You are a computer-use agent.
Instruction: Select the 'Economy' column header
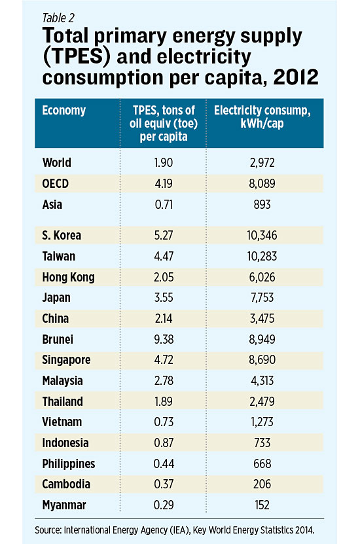(64, 110)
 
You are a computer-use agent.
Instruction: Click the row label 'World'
(57, 163)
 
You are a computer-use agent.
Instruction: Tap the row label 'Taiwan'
(59, 256)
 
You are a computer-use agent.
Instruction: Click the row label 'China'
(56, 319)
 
